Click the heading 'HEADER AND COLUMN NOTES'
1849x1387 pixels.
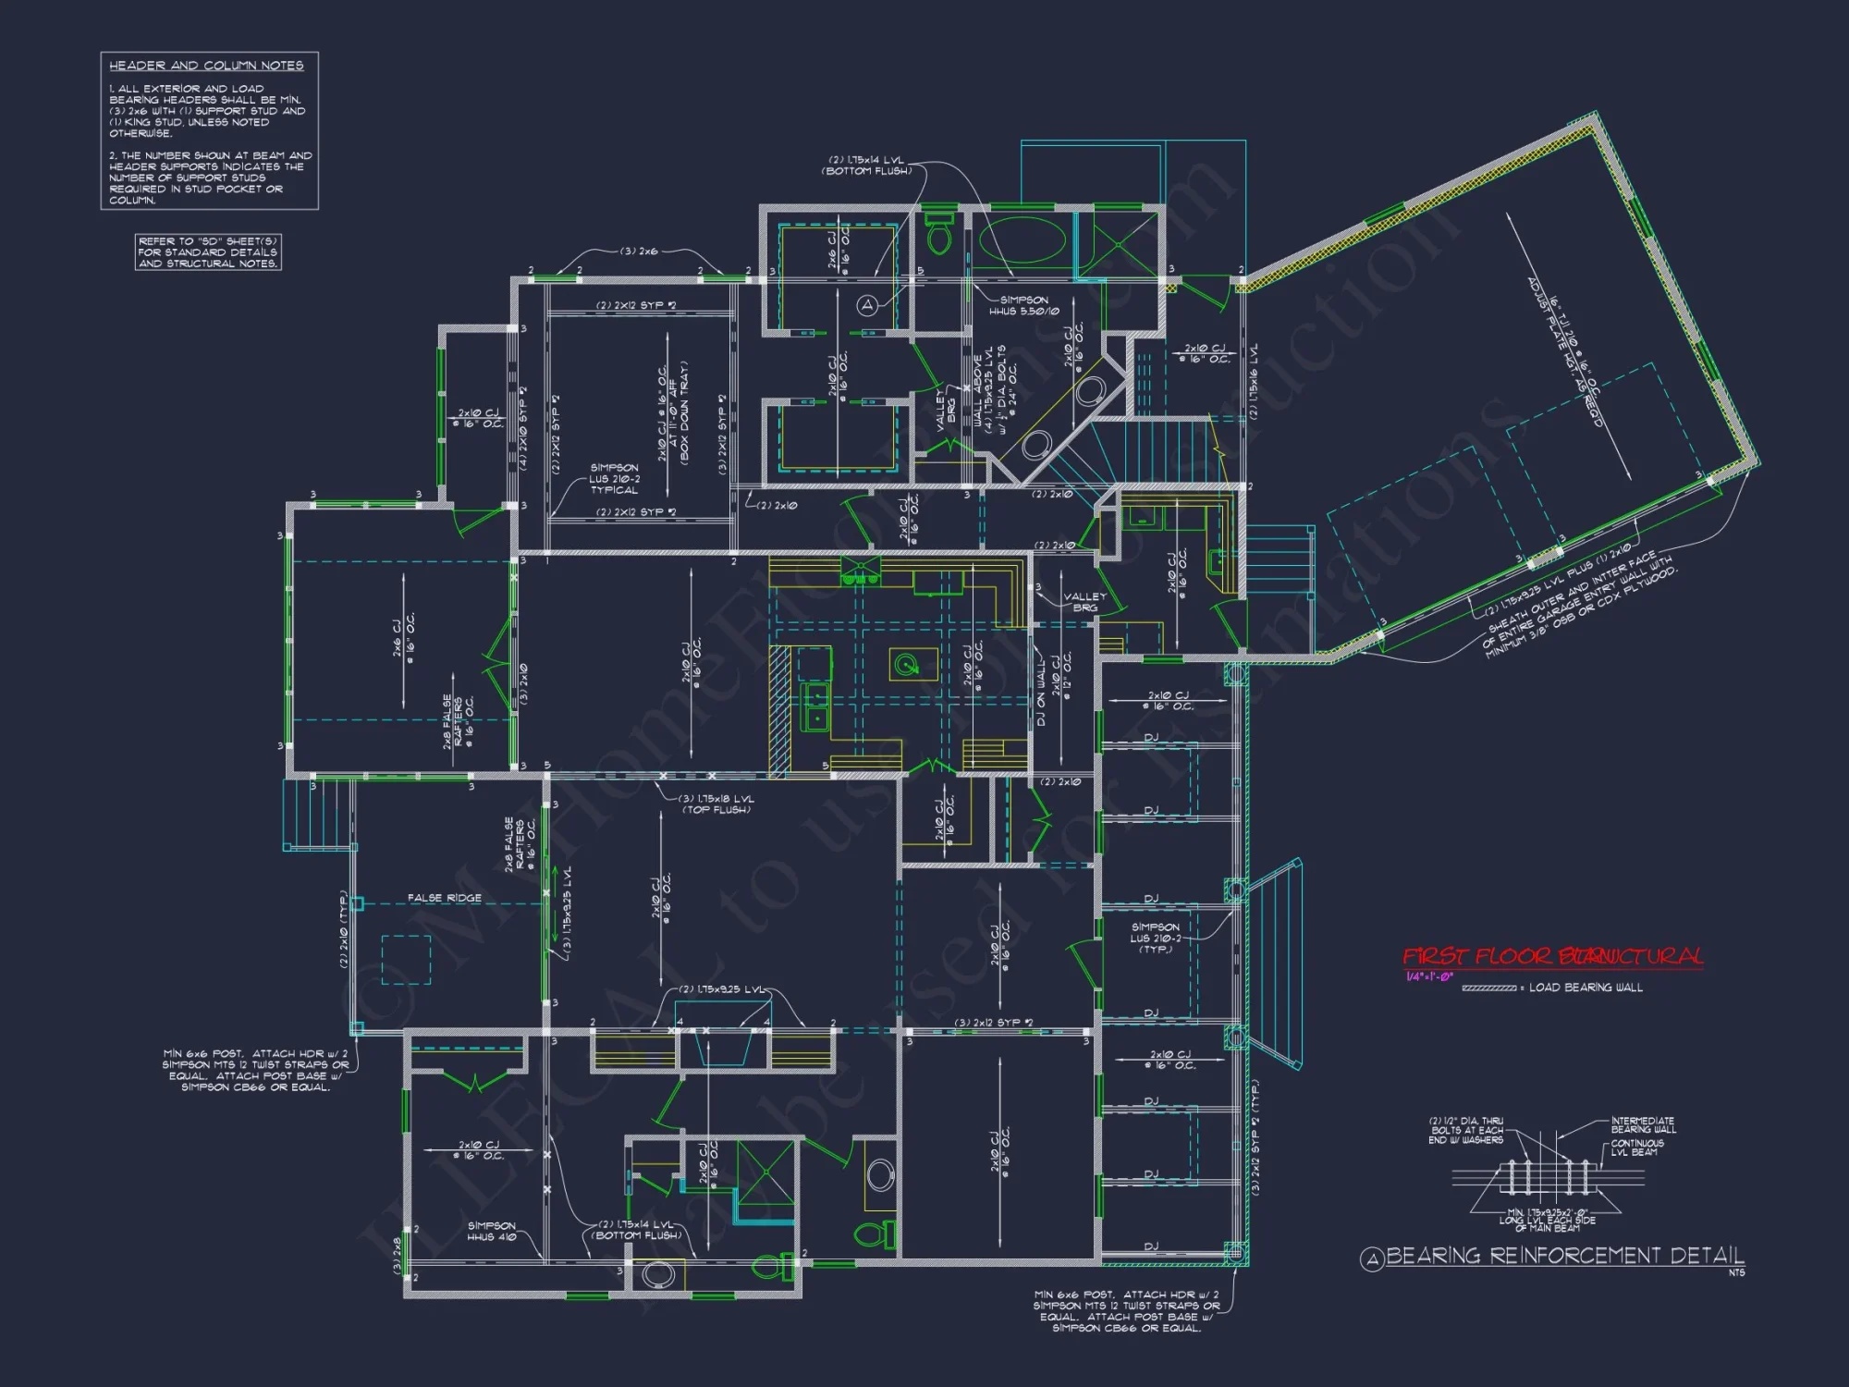(206, 66)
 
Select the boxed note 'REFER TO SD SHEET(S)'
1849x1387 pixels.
(208, 252)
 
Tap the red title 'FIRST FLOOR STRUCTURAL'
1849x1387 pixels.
(1552, 956)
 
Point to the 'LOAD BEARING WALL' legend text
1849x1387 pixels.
(1586, 988)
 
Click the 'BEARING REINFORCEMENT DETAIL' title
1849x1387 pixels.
(1564, 1256)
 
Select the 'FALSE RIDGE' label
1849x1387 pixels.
(444, 898)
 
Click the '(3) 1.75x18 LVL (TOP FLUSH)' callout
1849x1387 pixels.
(716, 804)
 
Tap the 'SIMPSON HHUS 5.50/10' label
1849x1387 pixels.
(1024, 306)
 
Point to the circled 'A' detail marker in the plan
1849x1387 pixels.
(866, 305)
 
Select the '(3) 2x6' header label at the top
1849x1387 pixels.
(639, 251)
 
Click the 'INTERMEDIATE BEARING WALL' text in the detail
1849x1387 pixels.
(1643, 1125)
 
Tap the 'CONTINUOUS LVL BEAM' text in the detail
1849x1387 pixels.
(1637, 1148)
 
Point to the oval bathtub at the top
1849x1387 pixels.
(1022, 239)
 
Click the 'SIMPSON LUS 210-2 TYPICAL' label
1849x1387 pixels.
(614, 479)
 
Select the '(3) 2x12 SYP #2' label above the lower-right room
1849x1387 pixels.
(994, 1023)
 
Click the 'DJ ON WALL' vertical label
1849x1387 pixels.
(1042, 692)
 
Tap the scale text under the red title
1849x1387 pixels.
(1429, 976)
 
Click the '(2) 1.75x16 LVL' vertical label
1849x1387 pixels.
(1254, 382)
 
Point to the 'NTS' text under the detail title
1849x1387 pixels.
(1736, 1273)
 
